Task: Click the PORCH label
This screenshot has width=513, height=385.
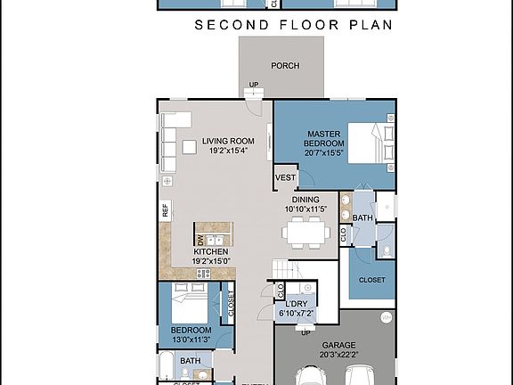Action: pos(285,66)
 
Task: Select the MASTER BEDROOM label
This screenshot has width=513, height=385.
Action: pos(323,138)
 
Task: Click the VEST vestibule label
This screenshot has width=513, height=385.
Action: pos(285,178)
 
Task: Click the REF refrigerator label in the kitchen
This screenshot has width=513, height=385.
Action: pos(165,210)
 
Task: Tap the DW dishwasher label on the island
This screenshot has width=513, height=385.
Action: pos(199,238)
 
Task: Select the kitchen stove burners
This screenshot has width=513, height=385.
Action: pos(204,274)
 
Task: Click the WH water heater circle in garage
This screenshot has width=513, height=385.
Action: pos(386,317)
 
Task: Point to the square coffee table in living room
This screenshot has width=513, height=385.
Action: pos(191,147)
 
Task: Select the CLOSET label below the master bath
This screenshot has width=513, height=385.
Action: pos(371,280)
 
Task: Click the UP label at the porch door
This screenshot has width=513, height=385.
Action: pos(254,86)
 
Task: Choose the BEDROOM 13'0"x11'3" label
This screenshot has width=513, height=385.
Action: pos(191,335)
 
